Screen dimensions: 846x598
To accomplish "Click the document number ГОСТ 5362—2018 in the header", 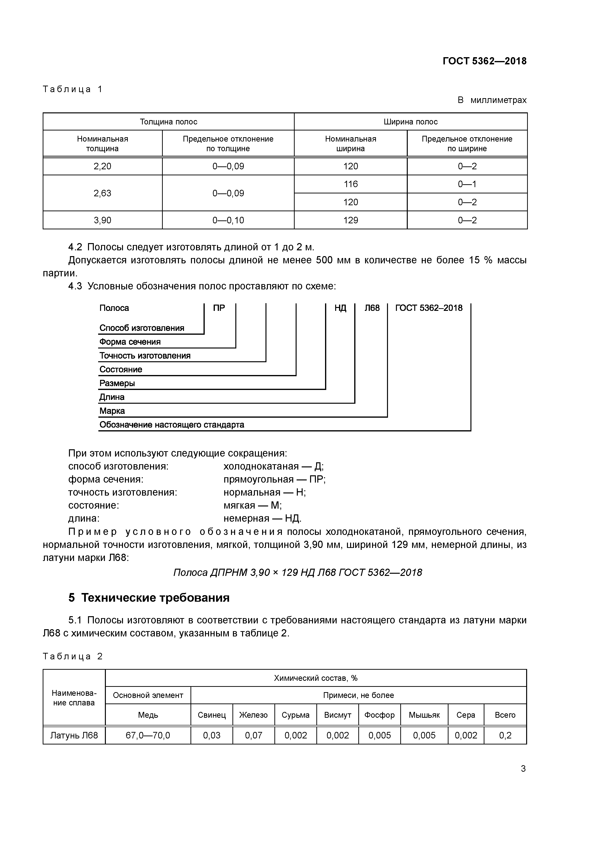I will click(x=484, y=61).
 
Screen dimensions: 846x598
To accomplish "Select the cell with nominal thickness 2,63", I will click(x=102, y=193).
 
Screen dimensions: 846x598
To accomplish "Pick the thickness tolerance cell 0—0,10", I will click(x=228, y=220).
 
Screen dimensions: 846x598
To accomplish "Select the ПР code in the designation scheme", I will click(x=219, y=308).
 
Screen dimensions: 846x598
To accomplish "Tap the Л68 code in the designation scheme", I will click(x=372, y=308).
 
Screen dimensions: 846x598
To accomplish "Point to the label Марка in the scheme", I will click(x=112, y=411).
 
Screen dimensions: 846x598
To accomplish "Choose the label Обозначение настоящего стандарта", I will click(x=172, y=425).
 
